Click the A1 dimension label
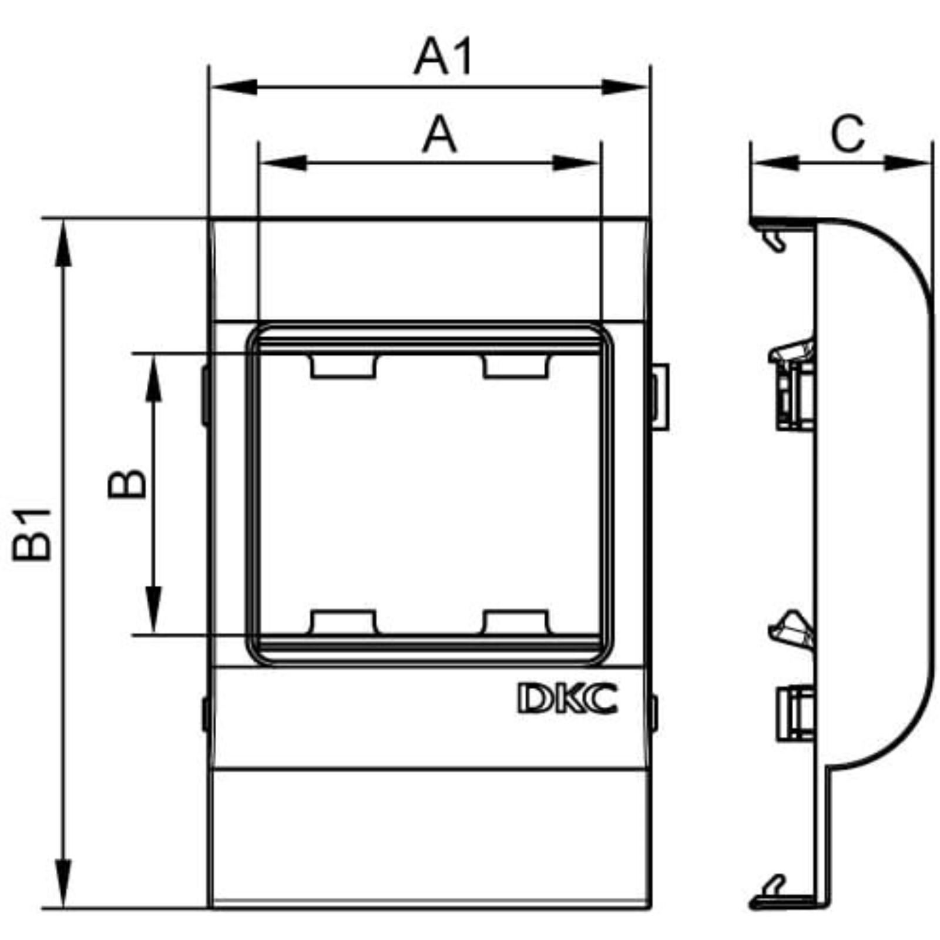point(444,57)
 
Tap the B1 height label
point(33,534)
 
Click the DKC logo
point(568,698)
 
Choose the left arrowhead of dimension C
point(775,163)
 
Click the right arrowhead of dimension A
point(576,163)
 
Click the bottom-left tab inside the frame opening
point(343,622)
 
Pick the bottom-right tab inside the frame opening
point(515,622)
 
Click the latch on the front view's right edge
point(660,397)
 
